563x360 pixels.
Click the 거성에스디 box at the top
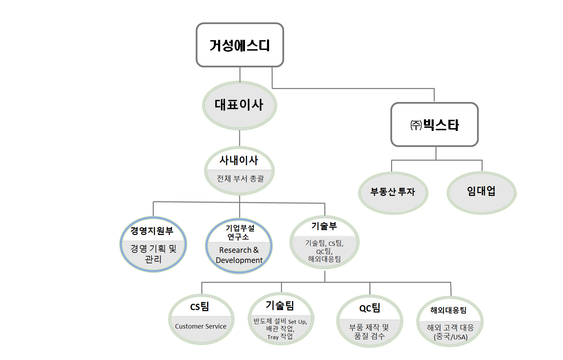tap(240, 45)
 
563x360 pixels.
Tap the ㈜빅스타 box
tap(434, 125)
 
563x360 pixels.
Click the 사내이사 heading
tap(239, 160)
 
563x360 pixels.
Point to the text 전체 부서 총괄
tap(240, 178)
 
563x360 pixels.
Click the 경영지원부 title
tap(152, 230)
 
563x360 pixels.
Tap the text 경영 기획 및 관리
tap(153, 254)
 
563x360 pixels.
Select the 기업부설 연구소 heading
tap(240, 232)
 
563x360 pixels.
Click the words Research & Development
tap(239, 255)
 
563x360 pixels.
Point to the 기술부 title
tap(324, 226)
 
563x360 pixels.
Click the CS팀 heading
tap(200, 307)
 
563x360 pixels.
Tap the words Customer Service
tap(201, 326)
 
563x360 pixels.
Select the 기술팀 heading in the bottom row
tap(280, 306)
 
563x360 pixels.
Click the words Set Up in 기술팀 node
tap(297, 322)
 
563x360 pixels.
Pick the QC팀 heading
tap(370, 308)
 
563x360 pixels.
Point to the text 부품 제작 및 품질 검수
tap(369, 331)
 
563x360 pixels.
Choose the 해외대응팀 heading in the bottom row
tap(448, 310)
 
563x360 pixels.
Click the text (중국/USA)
tap(450, 337)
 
